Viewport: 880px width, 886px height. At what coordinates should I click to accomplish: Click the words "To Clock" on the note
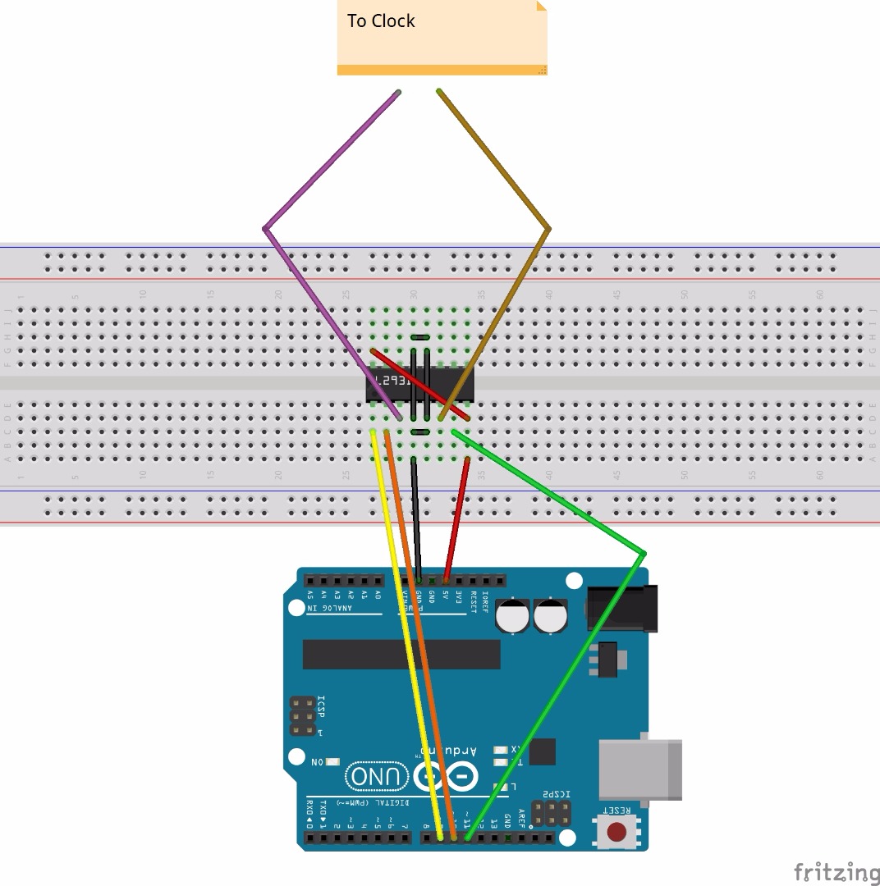coord(381,21)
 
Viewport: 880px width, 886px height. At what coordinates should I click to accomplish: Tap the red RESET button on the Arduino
coord(616,832)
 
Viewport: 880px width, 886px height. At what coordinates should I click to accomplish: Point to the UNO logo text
coord(377,776)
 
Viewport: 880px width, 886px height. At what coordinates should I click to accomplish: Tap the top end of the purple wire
coord(398,92)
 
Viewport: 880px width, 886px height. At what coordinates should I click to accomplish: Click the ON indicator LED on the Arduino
coord(332,762)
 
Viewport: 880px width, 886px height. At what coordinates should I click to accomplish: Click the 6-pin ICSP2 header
coord(552,814)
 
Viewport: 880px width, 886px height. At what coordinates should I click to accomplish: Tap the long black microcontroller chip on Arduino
coord(401,654)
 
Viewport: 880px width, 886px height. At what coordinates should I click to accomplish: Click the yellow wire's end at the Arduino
coord(441,838)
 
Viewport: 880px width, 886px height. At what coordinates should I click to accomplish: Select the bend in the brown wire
coord(548,229)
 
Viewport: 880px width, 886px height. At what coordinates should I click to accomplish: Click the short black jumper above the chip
coord(419,338)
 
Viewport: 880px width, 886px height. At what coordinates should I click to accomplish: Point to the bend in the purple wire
coord(265,228)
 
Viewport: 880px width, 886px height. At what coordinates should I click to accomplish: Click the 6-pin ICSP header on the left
coord(303,716)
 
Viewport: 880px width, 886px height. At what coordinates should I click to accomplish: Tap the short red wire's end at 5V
coord(446,580)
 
